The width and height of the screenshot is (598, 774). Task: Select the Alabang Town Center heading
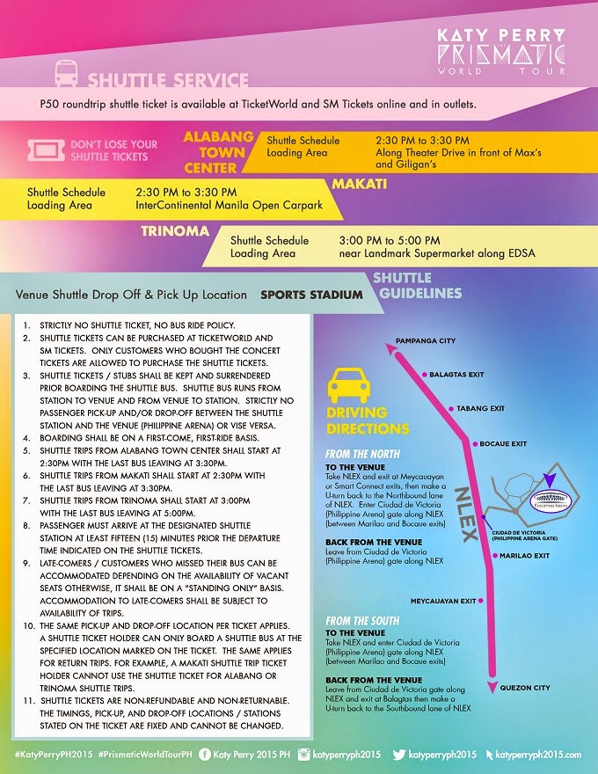218,152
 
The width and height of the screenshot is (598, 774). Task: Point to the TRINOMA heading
176,232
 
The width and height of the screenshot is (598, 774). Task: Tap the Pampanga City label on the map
426,340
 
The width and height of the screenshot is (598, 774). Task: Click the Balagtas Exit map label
456,375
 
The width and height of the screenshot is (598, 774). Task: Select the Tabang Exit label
479,408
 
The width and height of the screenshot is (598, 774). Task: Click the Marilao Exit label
526,555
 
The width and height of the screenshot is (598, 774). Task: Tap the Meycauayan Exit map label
443,601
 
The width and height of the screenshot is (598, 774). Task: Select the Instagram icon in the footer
305,755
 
